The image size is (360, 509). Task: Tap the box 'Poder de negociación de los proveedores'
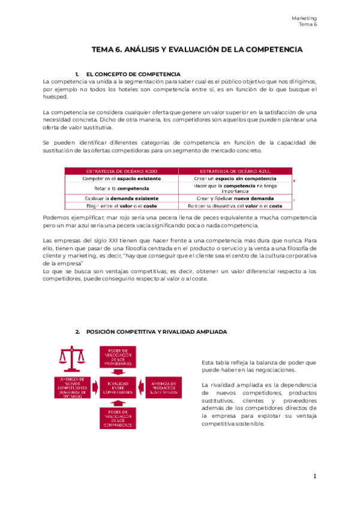click(120, 358)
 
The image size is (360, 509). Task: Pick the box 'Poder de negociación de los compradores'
click(120, 415)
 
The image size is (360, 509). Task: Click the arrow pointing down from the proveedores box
click(120, 373)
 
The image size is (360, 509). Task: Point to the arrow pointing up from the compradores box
click(120, 400)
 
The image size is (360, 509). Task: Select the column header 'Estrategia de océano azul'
click(235, 171)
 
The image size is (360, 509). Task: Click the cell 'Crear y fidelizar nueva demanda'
click(235, 198)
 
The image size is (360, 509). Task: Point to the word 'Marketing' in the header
click(304, 19)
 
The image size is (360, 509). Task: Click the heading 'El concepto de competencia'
click(129, 73)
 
